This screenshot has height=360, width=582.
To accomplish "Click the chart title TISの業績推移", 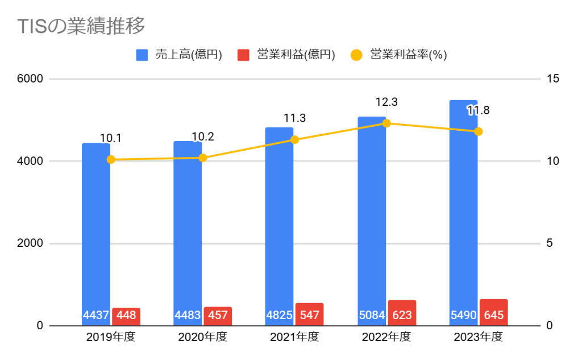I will (82, 26).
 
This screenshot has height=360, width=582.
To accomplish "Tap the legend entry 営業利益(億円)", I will (287, 55).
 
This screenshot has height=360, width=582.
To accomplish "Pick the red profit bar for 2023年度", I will (493, 312).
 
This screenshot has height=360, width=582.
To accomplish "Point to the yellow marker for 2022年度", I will (386, 123).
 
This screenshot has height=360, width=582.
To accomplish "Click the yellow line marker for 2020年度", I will (203, 158).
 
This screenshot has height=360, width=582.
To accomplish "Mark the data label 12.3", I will (386, 102).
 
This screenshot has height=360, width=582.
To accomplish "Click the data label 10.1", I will (111, 138).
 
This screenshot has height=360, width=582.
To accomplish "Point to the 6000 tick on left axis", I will (32, 78).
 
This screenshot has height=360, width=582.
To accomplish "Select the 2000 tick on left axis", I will (32, 243).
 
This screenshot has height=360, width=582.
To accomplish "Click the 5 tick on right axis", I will (550, 243).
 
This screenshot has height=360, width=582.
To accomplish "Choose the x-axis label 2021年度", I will (294, 337).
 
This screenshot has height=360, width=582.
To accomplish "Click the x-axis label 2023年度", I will (478, 337).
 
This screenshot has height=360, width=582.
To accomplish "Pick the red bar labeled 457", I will (218, 316).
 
